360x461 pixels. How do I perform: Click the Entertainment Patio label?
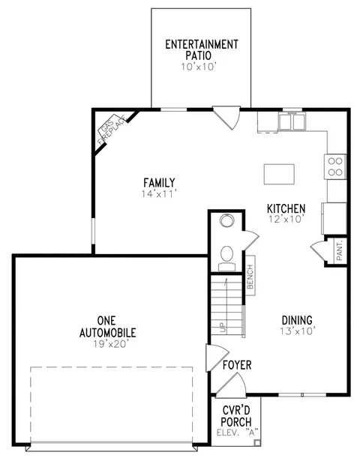[x=202, y=49]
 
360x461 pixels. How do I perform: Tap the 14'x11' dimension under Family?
[x=159, y=193]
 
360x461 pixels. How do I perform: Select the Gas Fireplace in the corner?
[x=112, y=130]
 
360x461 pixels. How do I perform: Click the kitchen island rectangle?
[x=279, y=174]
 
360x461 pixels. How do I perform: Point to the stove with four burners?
[x=335, y=166]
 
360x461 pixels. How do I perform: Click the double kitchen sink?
[x=292, y=121]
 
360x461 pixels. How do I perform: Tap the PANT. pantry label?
[x=340, y=250]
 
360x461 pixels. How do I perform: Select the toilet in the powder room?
[x=226, y=258]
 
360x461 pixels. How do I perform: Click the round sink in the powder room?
[x=226, y=220]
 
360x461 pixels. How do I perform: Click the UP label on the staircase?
[x=222, y=327]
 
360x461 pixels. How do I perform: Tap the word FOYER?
[x=237, y=365]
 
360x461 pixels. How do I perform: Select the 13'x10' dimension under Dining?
[x=298, y=331]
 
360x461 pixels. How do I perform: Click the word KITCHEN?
[x=286, y=208]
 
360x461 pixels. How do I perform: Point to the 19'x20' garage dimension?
[x=111, y=344]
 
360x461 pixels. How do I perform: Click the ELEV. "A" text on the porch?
[x=237, y=433]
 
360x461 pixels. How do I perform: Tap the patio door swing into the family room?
[x=226, y=118]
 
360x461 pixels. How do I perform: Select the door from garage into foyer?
[x=217, y=358]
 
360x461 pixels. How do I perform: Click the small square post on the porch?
[x=256, y=442]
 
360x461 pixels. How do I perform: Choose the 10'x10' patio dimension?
[x=199, y=67]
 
